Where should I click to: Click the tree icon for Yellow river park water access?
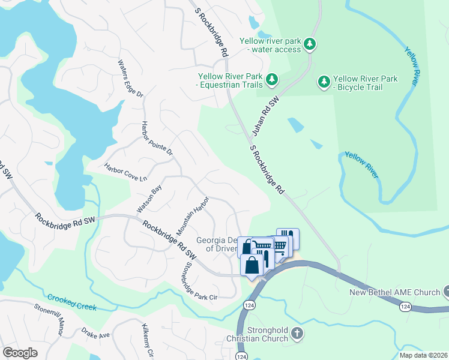(x=310, y=44)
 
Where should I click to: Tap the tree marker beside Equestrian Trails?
(x=272, y=79)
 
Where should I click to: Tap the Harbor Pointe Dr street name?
(x=157, y=138)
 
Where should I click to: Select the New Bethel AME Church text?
(x=396, y=292)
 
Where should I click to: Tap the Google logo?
(x=20, y=353)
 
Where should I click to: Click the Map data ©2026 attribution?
(x=423, y=355)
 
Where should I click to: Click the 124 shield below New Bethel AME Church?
(x=406, y=307)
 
